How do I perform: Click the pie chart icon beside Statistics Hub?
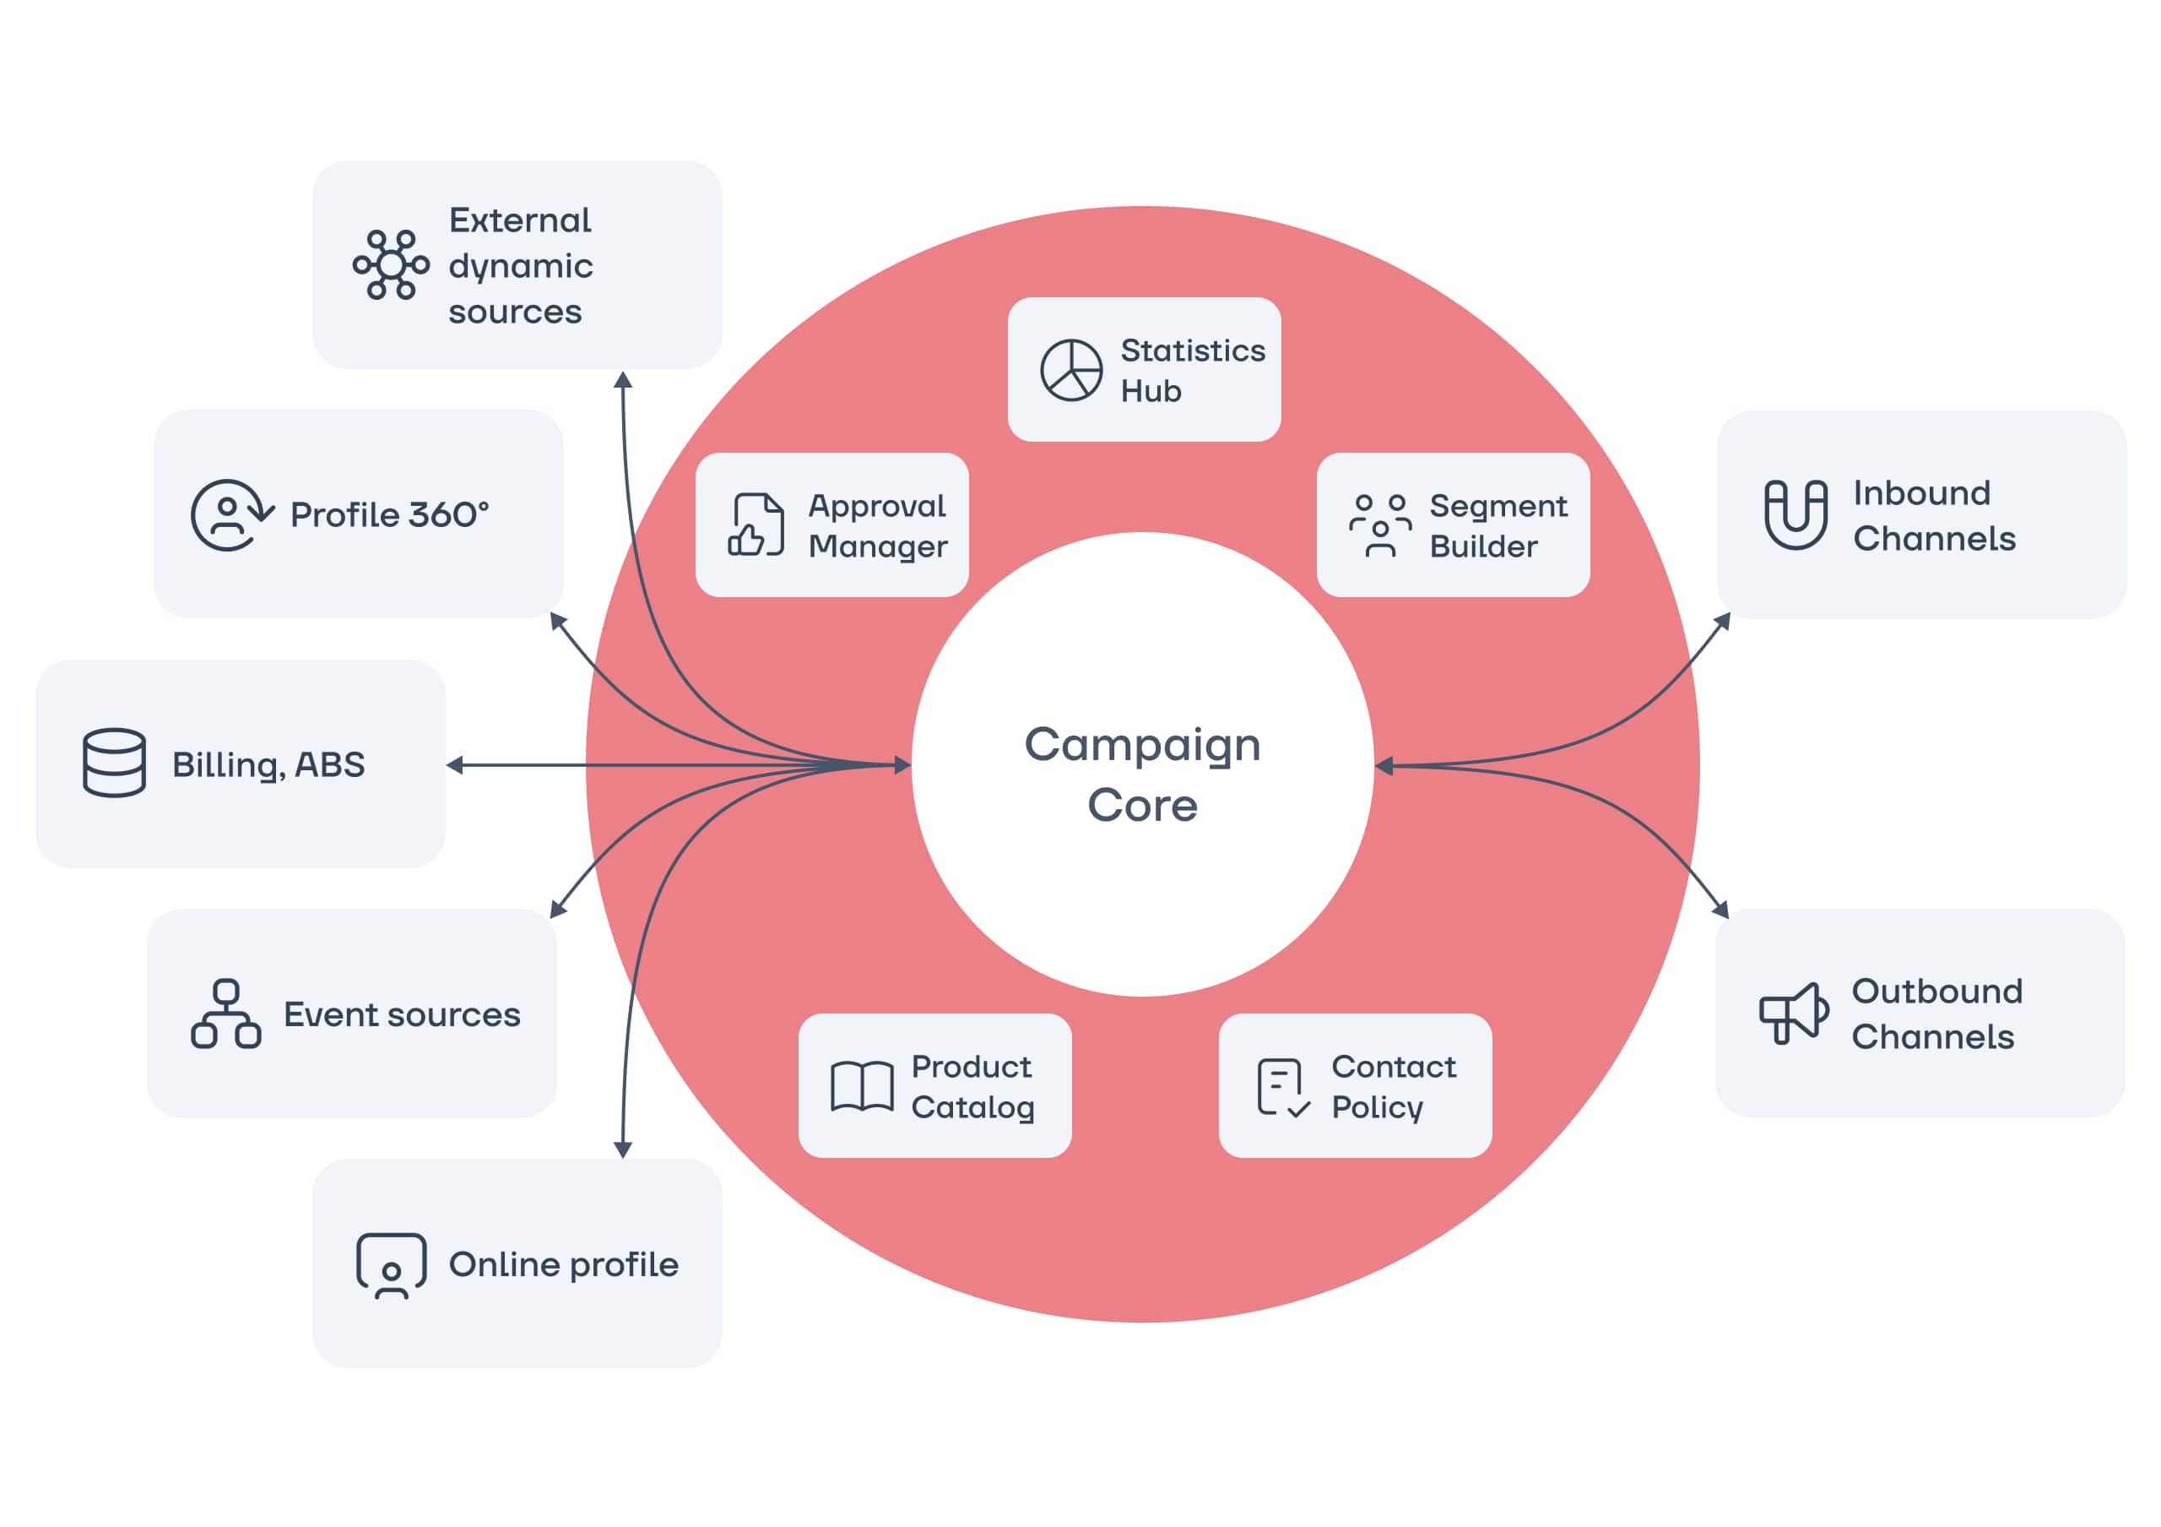pos(1070,370)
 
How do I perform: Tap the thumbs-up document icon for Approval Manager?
pos(756,524)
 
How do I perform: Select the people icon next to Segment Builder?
pos(1380,525)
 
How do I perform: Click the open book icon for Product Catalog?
pos(861,1086)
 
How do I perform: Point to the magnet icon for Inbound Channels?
pos(1795,514)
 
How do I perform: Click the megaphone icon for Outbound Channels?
pos(1793,1013)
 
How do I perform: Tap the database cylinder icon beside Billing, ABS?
pos(114,763)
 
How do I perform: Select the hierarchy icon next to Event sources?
pos(226,1014)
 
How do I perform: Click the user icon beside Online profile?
pos(391,1265)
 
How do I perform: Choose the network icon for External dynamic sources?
pos(391,264)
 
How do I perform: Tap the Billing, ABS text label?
pos(268,764)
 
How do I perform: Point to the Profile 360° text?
pos(388,515)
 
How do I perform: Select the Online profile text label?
pos(563,1264)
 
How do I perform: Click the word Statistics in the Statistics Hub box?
pos(1193,351)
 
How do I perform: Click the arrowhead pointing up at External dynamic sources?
pos(623,379)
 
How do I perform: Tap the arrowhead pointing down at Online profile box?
pos(623,1149)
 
